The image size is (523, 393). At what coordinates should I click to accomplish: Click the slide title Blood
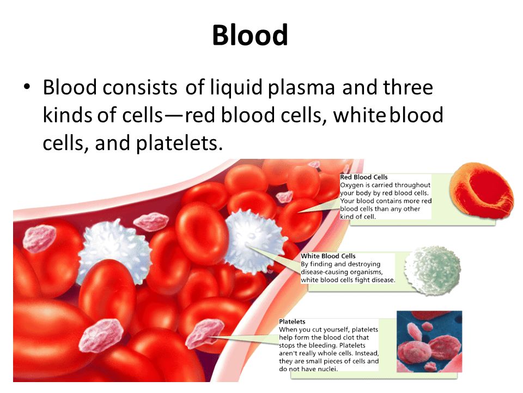coord(250,35)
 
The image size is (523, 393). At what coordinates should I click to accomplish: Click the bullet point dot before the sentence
coord(27,86)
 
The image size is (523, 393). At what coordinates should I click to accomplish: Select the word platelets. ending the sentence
coord(179,143)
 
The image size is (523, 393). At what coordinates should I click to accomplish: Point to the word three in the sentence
coord(408,87)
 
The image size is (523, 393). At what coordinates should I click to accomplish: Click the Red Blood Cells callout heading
coord(363,177)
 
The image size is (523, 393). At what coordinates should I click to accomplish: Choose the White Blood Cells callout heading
coord(328,256)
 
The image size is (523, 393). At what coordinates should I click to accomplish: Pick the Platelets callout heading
coord(292,321)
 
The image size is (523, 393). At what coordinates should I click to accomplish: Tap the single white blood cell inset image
coord(432,270)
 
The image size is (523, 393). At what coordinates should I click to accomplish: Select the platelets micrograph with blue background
coord(429,341)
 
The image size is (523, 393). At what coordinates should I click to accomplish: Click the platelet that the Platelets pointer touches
coord(205,334)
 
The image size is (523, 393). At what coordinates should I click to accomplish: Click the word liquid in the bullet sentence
coord(236,88)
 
